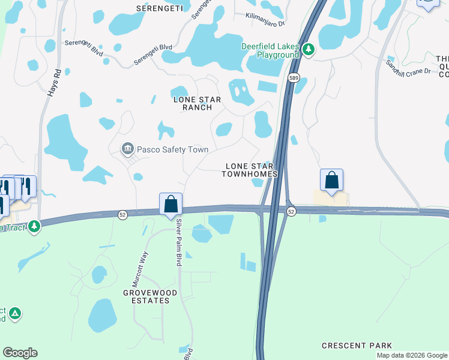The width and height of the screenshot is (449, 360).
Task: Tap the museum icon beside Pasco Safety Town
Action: click(x=127, y=149)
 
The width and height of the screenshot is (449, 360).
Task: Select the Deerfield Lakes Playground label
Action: click(x=270, y=50)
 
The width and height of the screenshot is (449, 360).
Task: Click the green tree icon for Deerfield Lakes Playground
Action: click(x=309, y=49)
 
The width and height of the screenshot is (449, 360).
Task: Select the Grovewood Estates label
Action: click(x=150, y=296)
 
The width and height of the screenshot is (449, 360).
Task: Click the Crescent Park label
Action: click(x=357, y=346)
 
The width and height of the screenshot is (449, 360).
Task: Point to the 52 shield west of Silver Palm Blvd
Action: click(x=122, y=214)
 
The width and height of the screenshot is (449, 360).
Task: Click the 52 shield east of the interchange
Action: click(x=291, y=212)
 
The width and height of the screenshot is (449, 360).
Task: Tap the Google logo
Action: click(x=20, y=353)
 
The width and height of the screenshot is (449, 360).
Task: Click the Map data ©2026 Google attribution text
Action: click(x=411, y=355)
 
